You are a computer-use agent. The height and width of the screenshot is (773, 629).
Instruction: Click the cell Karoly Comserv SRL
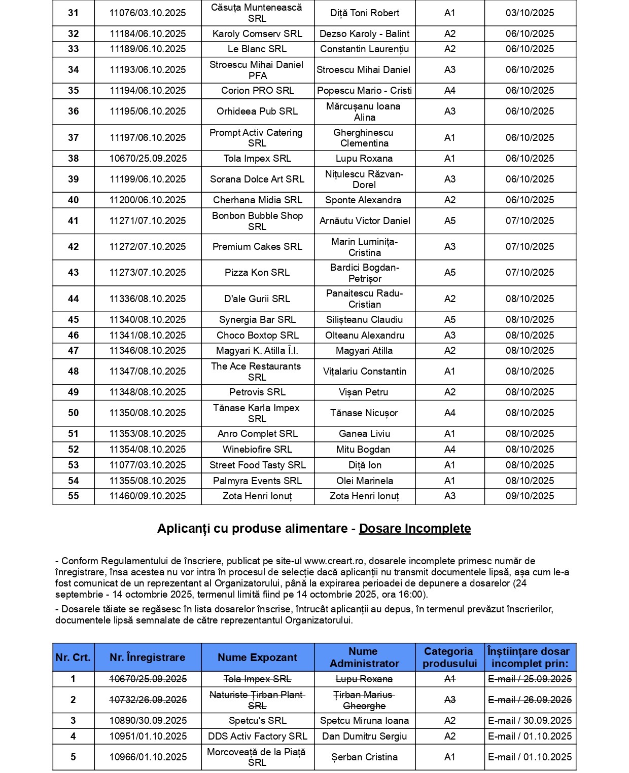point(257,34)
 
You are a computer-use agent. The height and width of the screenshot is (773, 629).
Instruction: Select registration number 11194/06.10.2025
point(148,91)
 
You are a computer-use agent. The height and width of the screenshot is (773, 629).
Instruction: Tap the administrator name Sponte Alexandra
point(363,200)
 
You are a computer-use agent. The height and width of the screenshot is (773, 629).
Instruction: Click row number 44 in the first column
point(74,299)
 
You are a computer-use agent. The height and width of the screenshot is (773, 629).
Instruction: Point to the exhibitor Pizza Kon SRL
point(257,273)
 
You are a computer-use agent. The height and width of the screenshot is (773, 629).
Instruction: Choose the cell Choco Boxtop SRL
point(257,336)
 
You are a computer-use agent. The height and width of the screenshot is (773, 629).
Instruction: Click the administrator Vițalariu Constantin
point(364,372)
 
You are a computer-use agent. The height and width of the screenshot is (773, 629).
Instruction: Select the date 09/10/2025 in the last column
point(530,496)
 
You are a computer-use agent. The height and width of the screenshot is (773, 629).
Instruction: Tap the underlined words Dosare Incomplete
point(415,529)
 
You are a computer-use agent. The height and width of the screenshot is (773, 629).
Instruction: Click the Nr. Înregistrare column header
point(148,657)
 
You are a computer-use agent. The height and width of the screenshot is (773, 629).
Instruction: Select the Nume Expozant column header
point(257,657)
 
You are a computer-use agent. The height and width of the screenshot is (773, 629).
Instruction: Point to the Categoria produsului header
point(449,657)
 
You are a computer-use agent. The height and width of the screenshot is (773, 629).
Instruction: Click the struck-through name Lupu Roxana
point(364,679)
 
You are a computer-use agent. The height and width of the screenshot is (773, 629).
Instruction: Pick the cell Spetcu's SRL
point(257,721)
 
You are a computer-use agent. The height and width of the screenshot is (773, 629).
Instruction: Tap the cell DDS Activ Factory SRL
point(257,737)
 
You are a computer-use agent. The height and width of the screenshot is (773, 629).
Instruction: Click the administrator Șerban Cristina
point(364,757)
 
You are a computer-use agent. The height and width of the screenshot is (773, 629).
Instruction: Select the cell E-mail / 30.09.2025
point(530,721)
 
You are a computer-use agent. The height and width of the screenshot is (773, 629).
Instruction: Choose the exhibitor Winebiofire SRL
point(257,450)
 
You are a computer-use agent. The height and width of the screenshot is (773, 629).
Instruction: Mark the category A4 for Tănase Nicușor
point(449,413)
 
